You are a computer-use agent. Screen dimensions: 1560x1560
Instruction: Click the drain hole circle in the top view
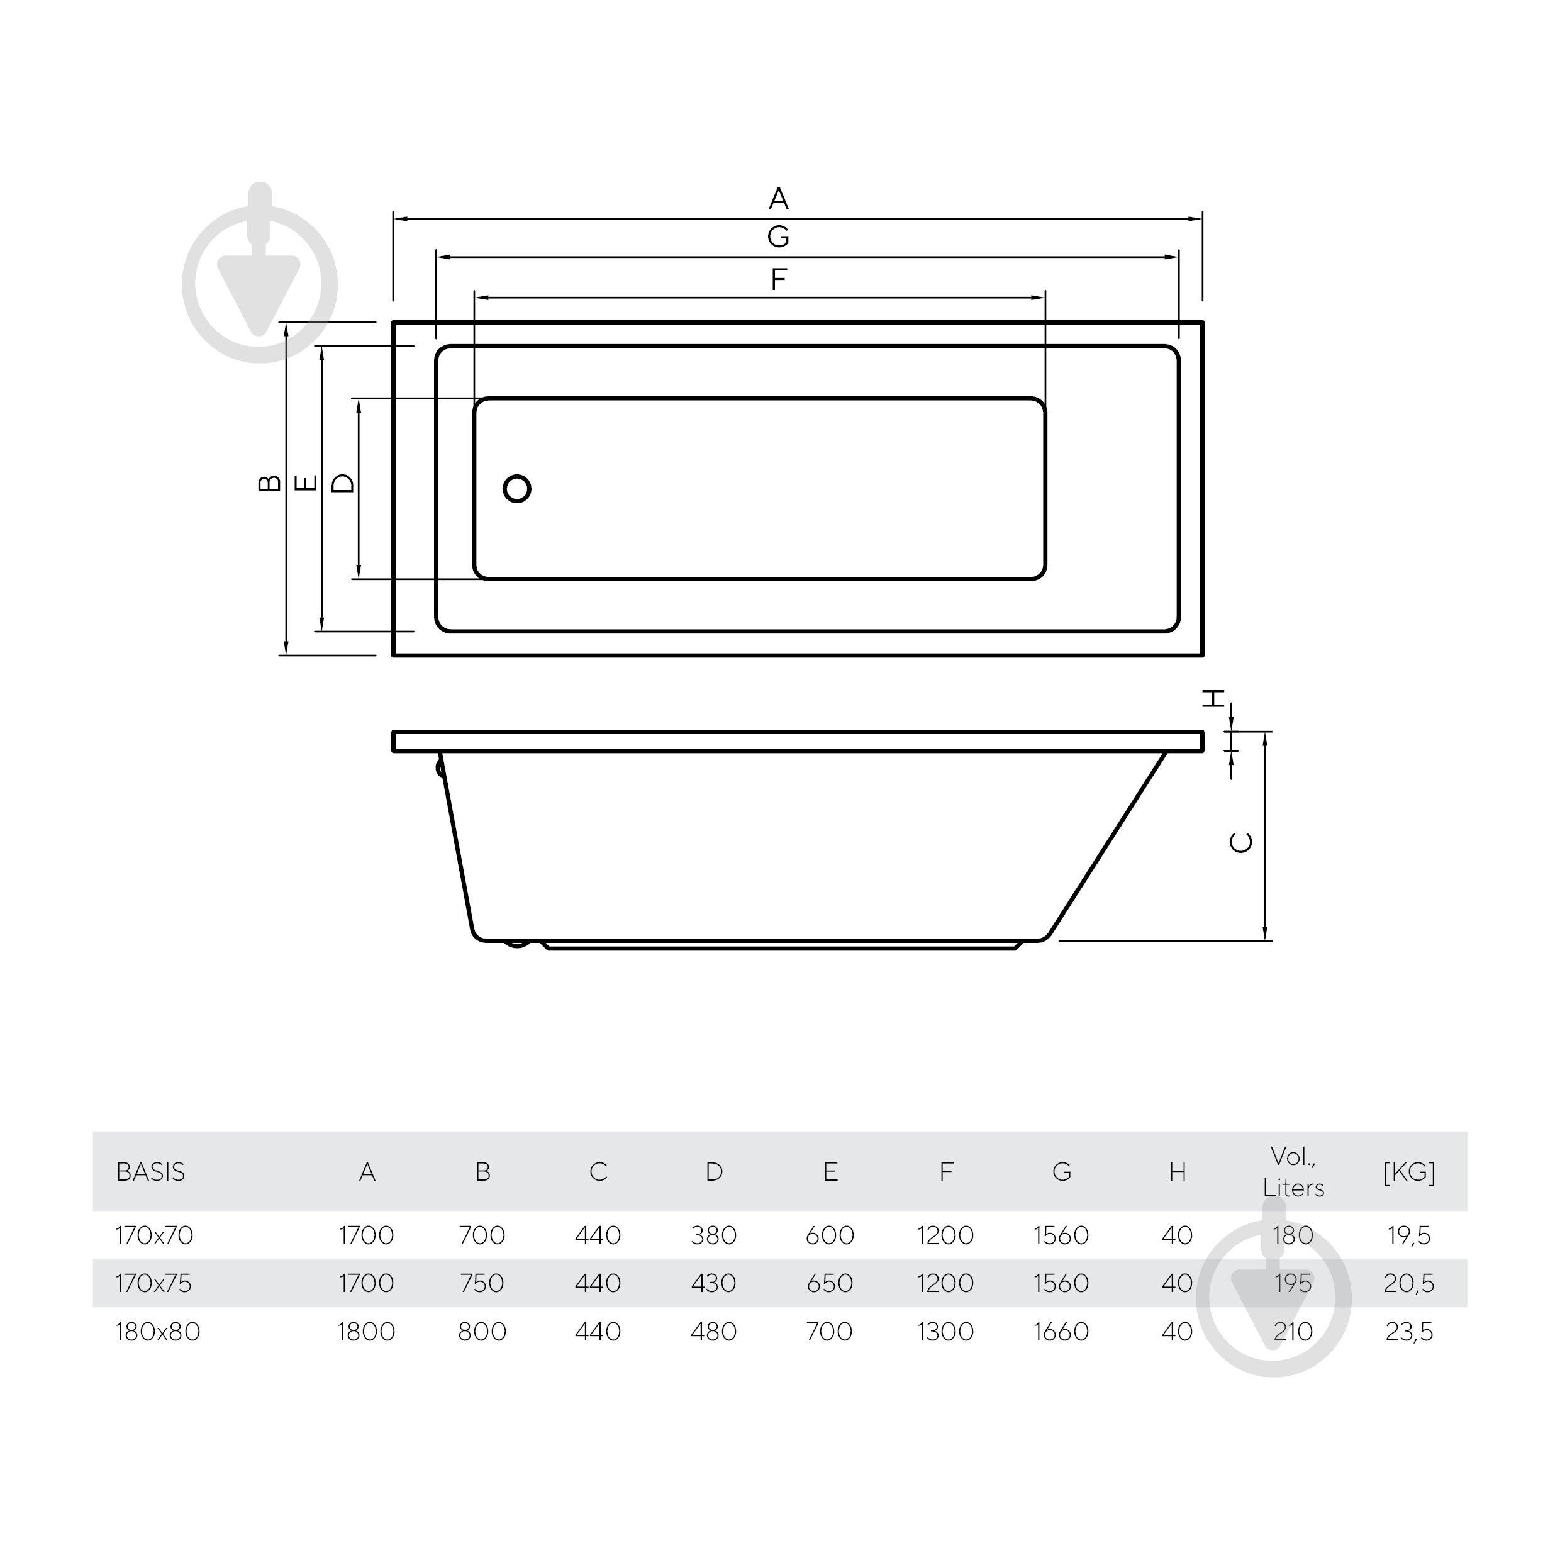517,489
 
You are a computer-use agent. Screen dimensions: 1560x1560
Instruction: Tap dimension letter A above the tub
778,198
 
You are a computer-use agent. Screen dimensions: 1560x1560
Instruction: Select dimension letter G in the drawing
778,237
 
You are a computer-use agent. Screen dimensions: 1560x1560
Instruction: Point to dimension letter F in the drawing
778,279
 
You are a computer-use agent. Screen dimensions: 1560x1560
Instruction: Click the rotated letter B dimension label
270,483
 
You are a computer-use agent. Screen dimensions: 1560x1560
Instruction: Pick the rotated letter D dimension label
343,483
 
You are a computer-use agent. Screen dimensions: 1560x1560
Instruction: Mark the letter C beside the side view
1241,842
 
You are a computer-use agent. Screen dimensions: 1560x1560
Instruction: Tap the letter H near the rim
1213,698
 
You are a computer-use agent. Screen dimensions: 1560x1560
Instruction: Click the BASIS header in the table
150,1173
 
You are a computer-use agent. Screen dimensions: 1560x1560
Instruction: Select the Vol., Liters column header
1293,1173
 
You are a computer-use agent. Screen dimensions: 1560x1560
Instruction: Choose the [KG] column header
1409,1173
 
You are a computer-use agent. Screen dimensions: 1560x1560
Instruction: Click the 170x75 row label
153,1284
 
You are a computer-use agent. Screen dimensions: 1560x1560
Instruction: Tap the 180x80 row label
157,1332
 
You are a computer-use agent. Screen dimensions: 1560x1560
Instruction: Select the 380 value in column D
714,1235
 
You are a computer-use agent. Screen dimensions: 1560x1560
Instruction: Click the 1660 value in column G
1061,1332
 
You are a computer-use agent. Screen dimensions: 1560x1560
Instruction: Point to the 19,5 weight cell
1409,1235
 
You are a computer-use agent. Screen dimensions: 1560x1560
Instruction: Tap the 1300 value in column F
945,1332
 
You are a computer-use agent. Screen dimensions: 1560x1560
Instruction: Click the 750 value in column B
482,1284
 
